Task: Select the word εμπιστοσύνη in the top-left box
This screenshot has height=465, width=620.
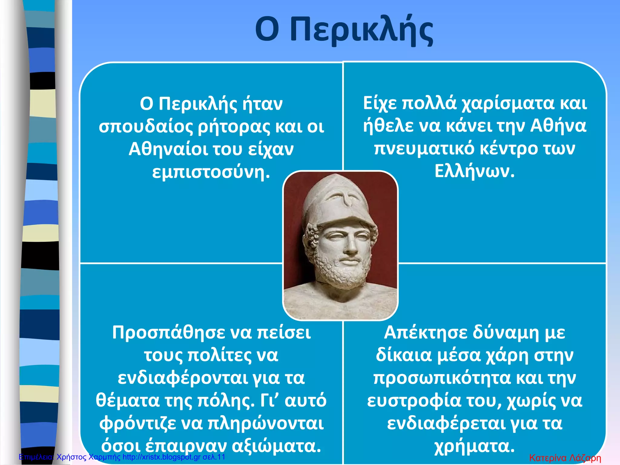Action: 211,172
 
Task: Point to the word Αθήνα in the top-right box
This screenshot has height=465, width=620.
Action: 558,126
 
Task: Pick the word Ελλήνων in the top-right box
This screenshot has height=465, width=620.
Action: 474,171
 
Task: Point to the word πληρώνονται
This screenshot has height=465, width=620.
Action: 266,423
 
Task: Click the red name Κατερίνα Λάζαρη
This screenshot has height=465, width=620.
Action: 565,458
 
